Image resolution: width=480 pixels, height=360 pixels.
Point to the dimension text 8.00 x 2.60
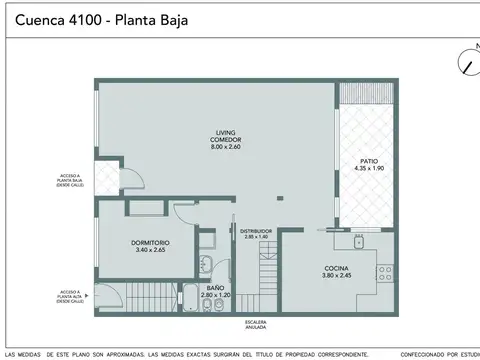[224, 148]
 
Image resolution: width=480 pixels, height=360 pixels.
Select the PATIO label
[368, 160]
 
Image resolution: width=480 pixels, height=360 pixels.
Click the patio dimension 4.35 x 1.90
[368, 168]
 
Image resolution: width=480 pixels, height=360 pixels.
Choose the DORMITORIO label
[150, 242]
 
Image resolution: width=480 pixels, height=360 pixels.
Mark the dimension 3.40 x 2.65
[150, 250]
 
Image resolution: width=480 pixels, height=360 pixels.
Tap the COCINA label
[336, 268]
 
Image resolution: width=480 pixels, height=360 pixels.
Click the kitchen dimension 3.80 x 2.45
[336, 277]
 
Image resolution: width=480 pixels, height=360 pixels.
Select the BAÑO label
[216, 287]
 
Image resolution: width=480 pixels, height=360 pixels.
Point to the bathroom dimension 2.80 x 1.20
[216, 295]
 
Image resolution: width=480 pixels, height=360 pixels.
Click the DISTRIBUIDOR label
[256, 231]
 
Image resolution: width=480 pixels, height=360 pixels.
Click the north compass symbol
[467, 63]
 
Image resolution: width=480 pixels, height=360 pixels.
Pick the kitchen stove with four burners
[384, 272]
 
